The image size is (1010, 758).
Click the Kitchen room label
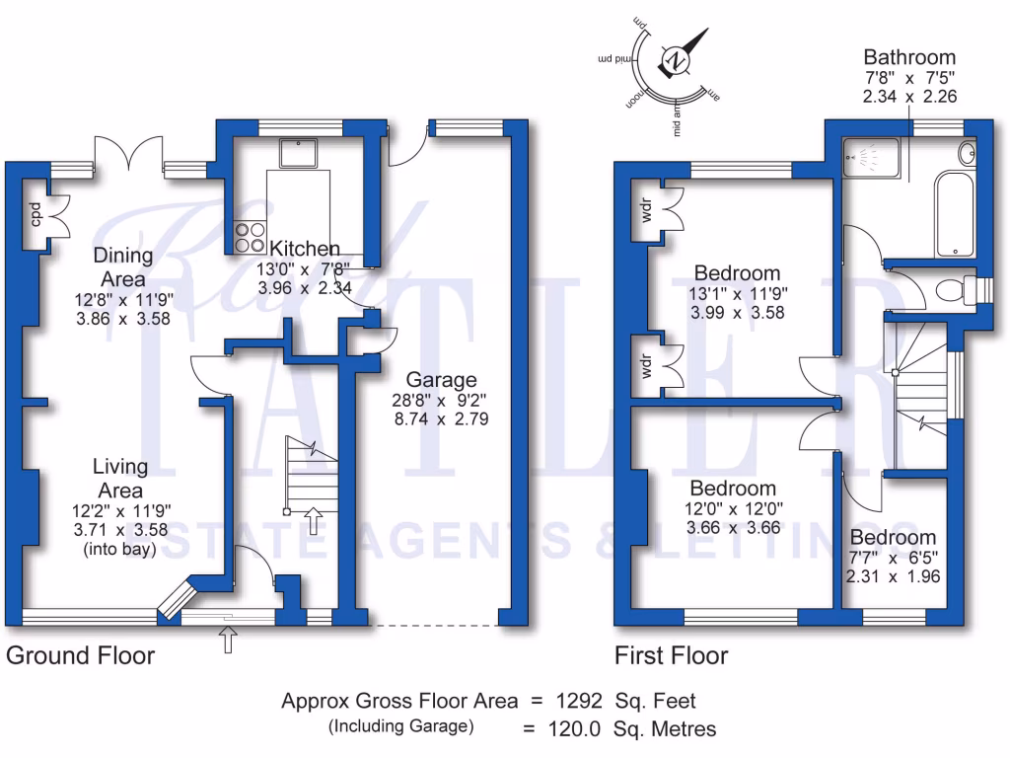(305, 249)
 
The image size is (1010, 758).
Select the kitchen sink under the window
(297, 153)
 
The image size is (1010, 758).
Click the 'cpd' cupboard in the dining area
(35, 212)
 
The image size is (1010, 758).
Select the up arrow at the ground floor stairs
(314, 519)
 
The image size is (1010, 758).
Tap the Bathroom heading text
(909, 57)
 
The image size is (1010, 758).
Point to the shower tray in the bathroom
(872, 158)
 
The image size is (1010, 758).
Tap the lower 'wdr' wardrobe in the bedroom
(648, 365)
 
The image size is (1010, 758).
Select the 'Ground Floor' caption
(80, 655)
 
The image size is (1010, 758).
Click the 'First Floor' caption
(671, 655)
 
